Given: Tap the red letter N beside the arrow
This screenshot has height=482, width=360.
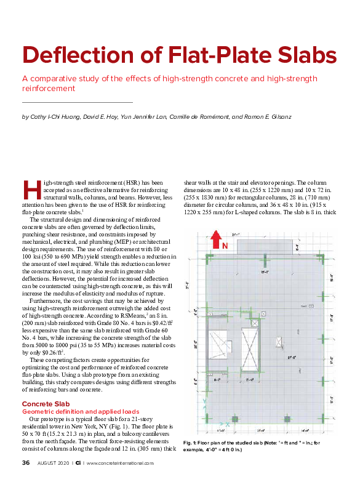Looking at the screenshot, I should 225,246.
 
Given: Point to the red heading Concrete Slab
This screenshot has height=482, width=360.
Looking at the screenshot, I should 47,386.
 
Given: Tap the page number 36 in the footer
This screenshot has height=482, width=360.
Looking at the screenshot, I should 26,463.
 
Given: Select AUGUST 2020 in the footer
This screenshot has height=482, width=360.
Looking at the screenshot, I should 53,463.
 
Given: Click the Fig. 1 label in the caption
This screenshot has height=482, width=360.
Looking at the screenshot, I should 190,443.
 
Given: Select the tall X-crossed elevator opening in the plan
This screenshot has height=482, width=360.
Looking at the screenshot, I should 250,348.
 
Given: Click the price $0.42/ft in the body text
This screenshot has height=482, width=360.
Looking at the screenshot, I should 157,321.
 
